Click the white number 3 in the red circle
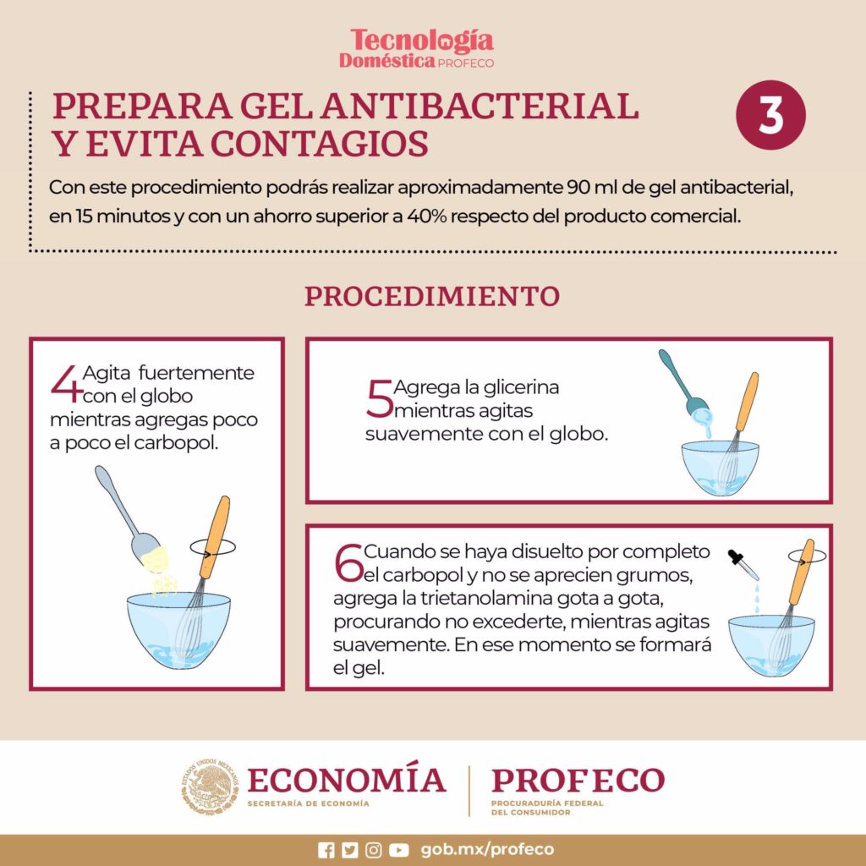pyautogui.click(x=770, y=116)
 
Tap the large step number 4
pyautogui.click(x=66, y=384)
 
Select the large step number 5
pyautogui.click(x=379, y=399)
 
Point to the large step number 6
pyautogui.click(x=348, y=564)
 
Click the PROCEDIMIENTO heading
pyautogui.click(x=431, y=297)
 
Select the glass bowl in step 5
pyautogui.click(x=721, y=468)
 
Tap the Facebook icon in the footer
pyautogui.click(x=326, y=850)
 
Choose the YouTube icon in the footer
pyautogui.click(x=399, y=850)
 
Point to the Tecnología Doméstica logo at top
pyautogui.click(x=422, y=48)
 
